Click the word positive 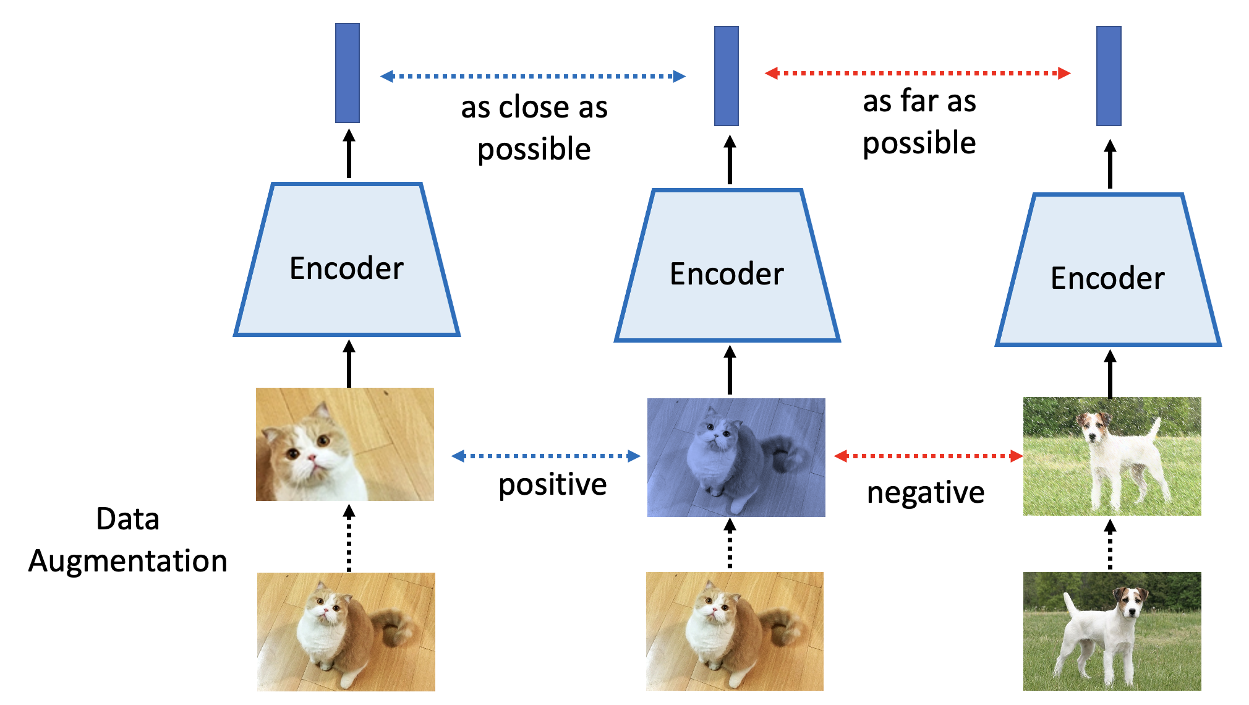[x=552, y=484]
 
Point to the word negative [x=926, y=493]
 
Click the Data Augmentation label [x=128, y=540]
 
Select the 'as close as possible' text [x=534, y=128]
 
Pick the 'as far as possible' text [x=919, y=122]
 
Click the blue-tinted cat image [x=736, y=458]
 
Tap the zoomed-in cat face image [x=345, y=444]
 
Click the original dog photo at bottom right [x=1112, y=631]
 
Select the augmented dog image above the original [x=1112, y=456]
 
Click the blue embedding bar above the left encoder [x=347, y=73]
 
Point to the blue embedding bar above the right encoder [x=1109, y=76]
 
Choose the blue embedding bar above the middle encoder [x=727, y=76]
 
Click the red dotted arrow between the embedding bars [x=918, y=73]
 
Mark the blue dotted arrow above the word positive [x=546, y=456]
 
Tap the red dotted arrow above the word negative [x=928, y=456]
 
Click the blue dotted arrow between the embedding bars [x=533, y=76]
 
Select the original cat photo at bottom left [x=346, y=631]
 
